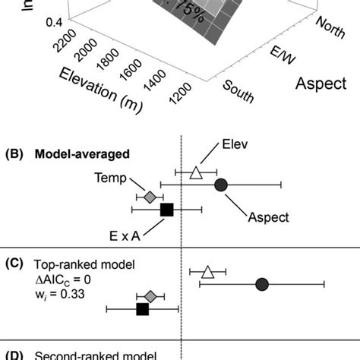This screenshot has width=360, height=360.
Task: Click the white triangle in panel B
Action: point(196,173)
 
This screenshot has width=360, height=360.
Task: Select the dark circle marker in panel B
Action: point(221,184)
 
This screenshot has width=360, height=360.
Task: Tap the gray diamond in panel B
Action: point(150,197)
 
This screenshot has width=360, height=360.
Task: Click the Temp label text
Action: point(109,176)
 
